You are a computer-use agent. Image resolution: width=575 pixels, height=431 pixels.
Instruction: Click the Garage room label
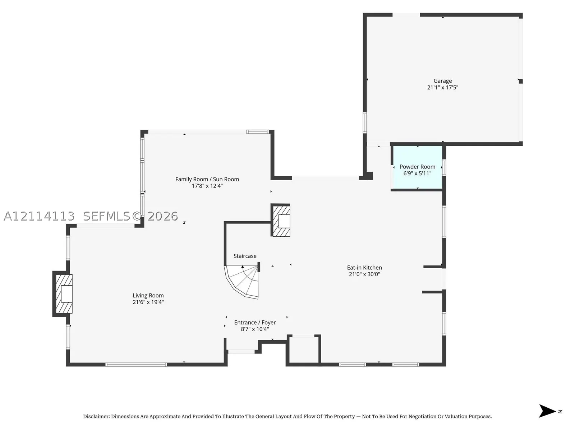click(x=442, y=81)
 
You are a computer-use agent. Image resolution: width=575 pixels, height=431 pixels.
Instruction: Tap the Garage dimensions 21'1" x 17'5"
click(x=442, y=87)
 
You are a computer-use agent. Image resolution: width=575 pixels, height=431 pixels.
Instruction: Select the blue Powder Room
click(x=418, y=167)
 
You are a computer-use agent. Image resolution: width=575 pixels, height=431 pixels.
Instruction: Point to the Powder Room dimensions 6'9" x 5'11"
click(x=417, y=173)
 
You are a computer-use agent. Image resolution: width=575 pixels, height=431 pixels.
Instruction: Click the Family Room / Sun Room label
click(x=207, y=179)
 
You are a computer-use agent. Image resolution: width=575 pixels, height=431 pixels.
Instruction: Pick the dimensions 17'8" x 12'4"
click(x=207, y=186)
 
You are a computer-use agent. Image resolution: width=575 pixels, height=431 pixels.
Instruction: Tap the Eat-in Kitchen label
click(x=364, y=268)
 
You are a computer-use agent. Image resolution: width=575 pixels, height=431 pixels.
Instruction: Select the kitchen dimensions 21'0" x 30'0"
click(x=364, y=274)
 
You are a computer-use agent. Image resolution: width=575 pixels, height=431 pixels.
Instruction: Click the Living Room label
click(x=148, y=296)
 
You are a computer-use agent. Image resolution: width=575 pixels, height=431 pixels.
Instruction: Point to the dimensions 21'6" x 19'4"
click(x=148, y=302)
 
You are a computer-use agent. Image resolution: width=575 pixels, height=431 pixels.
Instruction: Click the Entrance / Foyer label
click(x=255, y=323)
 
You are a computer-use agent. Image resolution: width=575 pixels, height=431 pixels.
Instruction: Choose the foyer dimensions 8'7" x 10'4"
click(x=255, y=329)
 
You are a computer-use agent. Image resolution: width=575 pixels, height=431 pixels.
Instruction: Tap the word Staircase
click(x=245, y=256)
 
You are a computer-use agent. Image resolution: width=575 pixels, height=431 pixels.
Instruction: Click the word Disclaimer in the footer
click(x=96, y=416)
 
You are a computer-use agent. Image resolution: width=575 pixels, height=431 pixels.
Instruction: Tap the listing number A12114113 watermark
click(x=39, y=216)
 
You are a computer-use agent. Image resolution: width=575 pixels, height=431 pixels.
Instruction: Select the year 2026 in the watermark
click(x=163, y=216)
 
